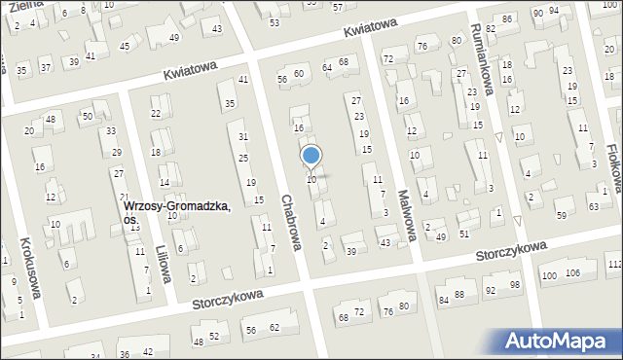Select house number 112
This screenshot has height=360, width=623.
pos(614,265)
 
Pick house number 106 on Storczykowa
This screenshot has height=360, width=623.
pos(573,273)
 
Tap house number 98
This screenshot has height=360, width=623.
pos(515,285)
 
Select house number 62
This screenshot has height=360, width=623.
pos(275,327)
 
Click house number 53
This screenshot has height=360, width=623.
pos(274,22)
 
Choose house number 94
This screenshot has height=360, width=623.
pos(554,10)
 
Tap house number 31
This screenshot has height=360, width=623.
pos(243,136)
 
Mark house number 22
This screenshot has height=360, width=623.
pos(156,114)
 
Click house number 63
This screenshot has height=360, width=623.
pos(592,207)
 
